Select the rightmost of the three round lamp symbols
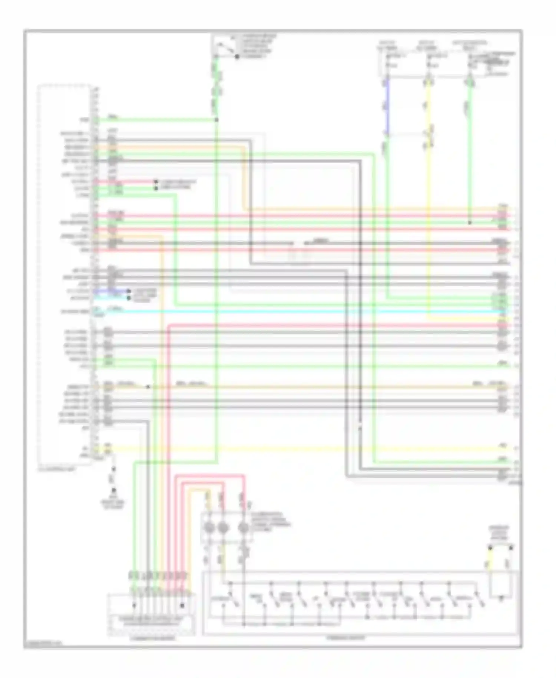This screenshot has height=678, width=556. click(243, 528)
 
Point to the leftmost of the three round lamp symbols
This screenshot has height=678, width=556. click(208, 528)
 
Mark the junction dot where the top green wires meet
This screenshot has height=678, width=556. click(217, 120)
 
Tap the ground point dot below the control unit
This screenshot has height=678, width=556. click(114, 490)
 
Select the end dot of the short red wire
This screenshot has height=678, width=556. click(156, 182)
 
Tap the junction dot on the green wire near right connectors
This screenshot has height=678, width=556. click(470, 223)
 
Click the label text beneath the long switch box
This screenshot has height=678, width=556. click(347, 638)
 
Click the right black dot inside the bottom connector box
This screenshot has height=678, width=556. click(182, 606)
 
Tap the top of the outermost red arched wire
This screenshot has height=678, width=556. click(209, 475)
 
